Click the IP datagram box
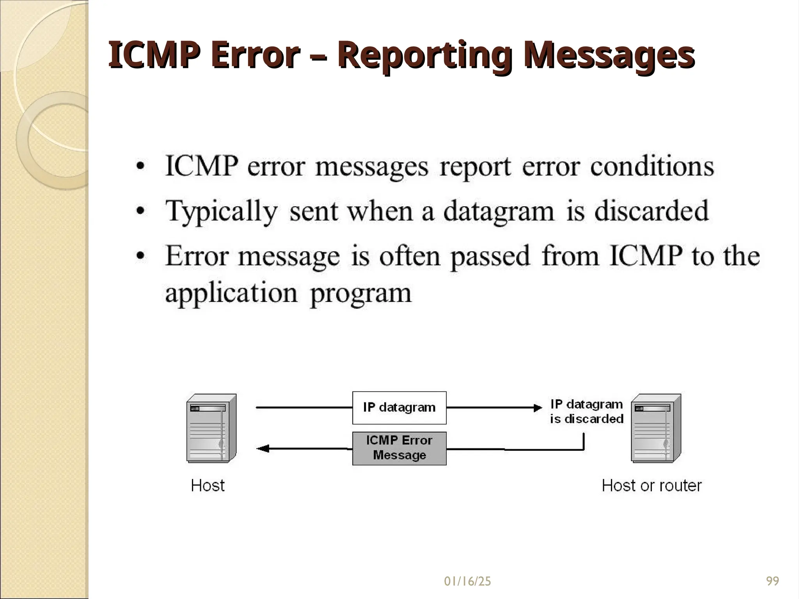coord(399,408)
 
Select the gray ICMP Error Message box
coord(399,448)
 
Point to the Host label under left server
coord(208,486)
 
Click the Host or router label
coord(652,486)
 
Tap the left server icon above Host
coord(211,428)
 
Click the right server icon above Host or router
coord(656,428)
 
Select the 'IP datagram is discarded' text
coord(586,411)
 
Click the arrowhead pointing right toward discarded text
coord(538,408)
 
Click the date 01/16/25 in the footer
coord(467,581)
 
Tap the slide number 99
coord(772,581)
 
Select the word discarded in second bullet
coord(651,211)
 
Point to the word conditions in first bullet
coord(652,167)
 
